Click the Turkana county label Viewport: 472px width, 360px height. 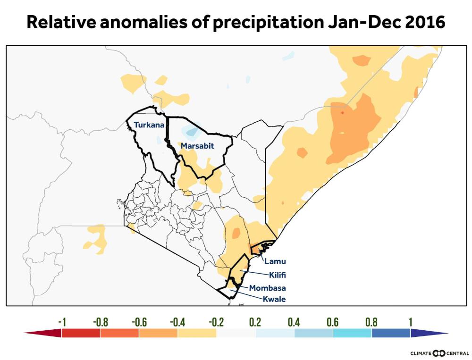[149, 125]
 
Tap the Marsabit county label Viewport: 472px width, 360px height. [197, 146]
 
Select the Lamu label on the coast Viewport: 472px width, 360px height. [275, 261]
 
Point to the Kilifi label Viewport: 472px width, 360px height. [278, 275]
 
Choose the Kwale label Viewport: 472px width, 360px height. [274, 299]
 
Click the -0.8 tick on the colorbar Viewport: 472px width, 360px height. [101, 322]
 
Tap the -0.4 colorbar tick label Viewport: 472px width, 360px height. [177, 322]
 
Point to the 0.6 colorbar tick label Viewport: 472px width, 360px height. [332, 322]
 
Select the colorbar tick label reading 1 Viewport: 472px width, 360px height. [410, 322]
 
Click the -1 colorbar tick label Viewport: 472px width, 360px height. [62, 322]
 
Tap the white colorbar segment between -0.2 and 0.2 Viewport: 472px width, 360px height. [236, 333]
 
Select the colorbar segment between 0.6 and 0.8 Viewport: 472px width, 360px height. [352, 333]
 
